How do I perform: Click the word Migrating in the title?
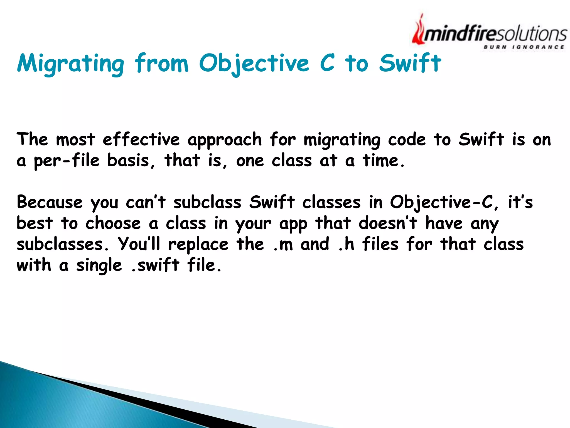pyautogui.click(x=70, y=64)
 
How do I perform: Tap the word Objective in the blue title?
pyautogui.click(x=254, y=64)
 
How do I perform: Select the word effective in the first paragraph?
pyautogui.click(x=141, y=139)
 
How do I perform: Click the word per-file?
pyautogui.click(x=67, y=161)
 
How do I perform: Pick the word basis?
pyautogui.click(x=131, y=161)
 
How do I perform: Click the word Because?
pyautogui.click(x=50, y=202)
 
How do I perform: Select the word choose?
pyautogui.click(x=113, y=223)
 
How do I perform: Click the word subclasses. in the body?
pyautogui.click(x=63, y=244)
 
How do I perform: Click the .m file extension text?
pyautogui.click(x=283, y=245)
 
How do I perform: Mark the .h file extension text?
pyautogui.click(x=346, y=244)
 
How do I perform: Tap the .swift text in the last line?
pyautogui.click(x=155, y=265)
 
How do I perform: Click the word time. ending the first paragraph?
pyautogui.click(x=383, y=161)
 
